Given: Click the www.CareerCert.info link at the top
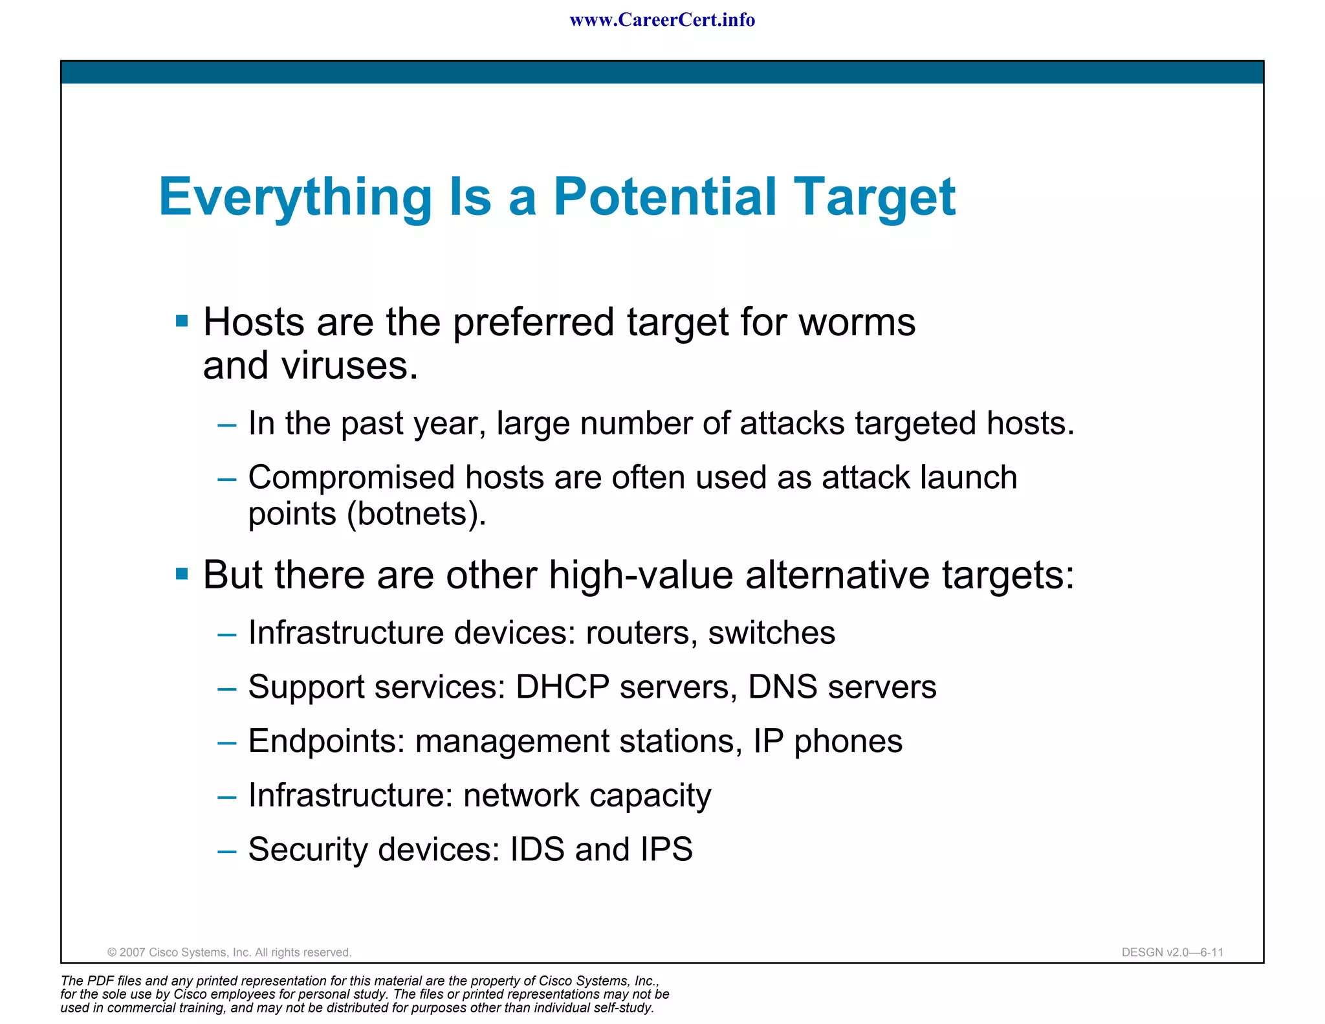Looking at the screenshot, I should (x=662, y=20).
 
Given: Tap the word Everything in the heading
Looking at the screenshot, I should (x=295, y=198).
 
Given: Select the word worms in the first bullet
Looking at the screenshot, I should (x=857, y=322).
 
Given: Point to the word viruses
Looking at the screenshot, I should (x=349, y=366).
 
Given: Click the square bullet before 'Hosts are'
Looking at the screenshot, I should (x=182, y=321).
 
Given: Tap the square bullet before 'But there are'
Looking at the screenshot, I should (x=182, y=573).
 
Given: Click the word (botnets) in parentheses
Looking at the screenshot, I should (x=416, y=514).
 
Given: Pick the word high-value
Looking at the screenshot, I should (x=641, y=575).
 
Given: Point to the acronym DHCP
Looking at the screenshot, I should (x=562, y=687).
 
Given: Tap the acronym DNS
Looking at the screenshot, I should (x=782, y=687).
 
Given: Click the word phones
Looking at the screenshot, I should (x=848, y=742).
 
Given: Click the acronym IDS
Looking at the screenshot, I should (x=537, y=849).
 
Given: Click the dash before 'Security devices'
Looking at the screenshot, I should (x=226, y=851).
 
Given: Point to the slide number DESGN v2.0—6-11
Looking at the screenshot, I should (x=1172, y=952).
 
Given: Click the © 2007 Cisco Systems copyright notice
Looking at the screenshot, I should (x=229, y=952).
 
